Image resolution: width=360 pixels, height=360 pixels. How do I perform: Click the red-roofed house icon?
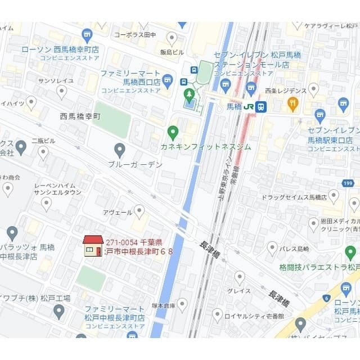point(93,246)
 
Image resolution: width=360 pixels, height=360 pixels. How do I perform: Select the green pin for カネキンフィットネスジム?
point(173,133)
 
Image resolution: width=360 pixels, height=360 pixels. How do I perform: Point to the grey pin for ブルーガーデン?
point(119,150)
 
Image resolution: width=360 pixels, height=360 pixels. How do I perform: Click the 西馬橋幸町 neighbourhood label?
point(80,116)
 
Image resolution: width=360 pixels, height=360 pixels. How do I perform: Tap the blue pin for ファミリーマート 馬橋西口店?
point(168,79)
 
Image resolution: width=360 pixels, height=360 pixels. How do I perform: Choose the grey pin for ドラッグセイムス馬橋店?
point(334,196)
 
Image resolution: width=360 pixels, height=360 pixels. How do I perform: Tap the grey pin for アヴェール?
point(139,211)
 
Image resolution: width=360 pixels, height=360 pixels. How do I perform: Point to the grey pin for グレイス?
point(240,277)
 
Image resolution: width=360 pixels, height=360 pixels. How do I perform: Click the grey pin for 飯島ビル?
point(172,38)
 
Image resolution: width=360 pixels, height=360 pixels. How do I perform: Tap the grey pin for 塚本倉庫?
point(182,305)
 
